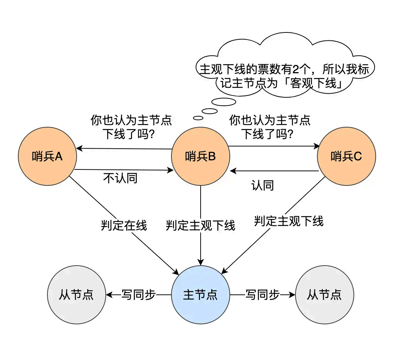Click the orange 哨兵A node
point(47,157)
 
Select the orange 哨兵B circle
point(201,157)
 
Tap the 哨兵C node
point(346,157)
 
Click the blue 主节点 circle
point(201,294)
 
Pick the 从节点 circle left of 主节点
point(76,294)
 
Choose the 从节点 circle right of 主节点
point(324,294)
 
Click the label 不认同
point(120,178)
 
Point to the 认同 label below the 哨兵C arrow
point(263,185)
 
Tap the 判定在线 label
point(124,226)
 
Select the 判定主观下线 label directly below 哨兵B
point(201,226)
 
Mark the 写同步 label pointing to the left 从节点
point(138,294)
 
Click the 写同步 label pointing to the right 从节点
point(262,294)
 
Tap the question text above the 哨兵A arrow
point(131,127)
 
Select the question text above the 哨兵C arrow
point(270,127)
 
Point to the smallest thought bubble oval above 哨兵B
point(198,118)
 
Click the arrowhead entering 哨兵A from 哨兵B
point(79,148)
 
